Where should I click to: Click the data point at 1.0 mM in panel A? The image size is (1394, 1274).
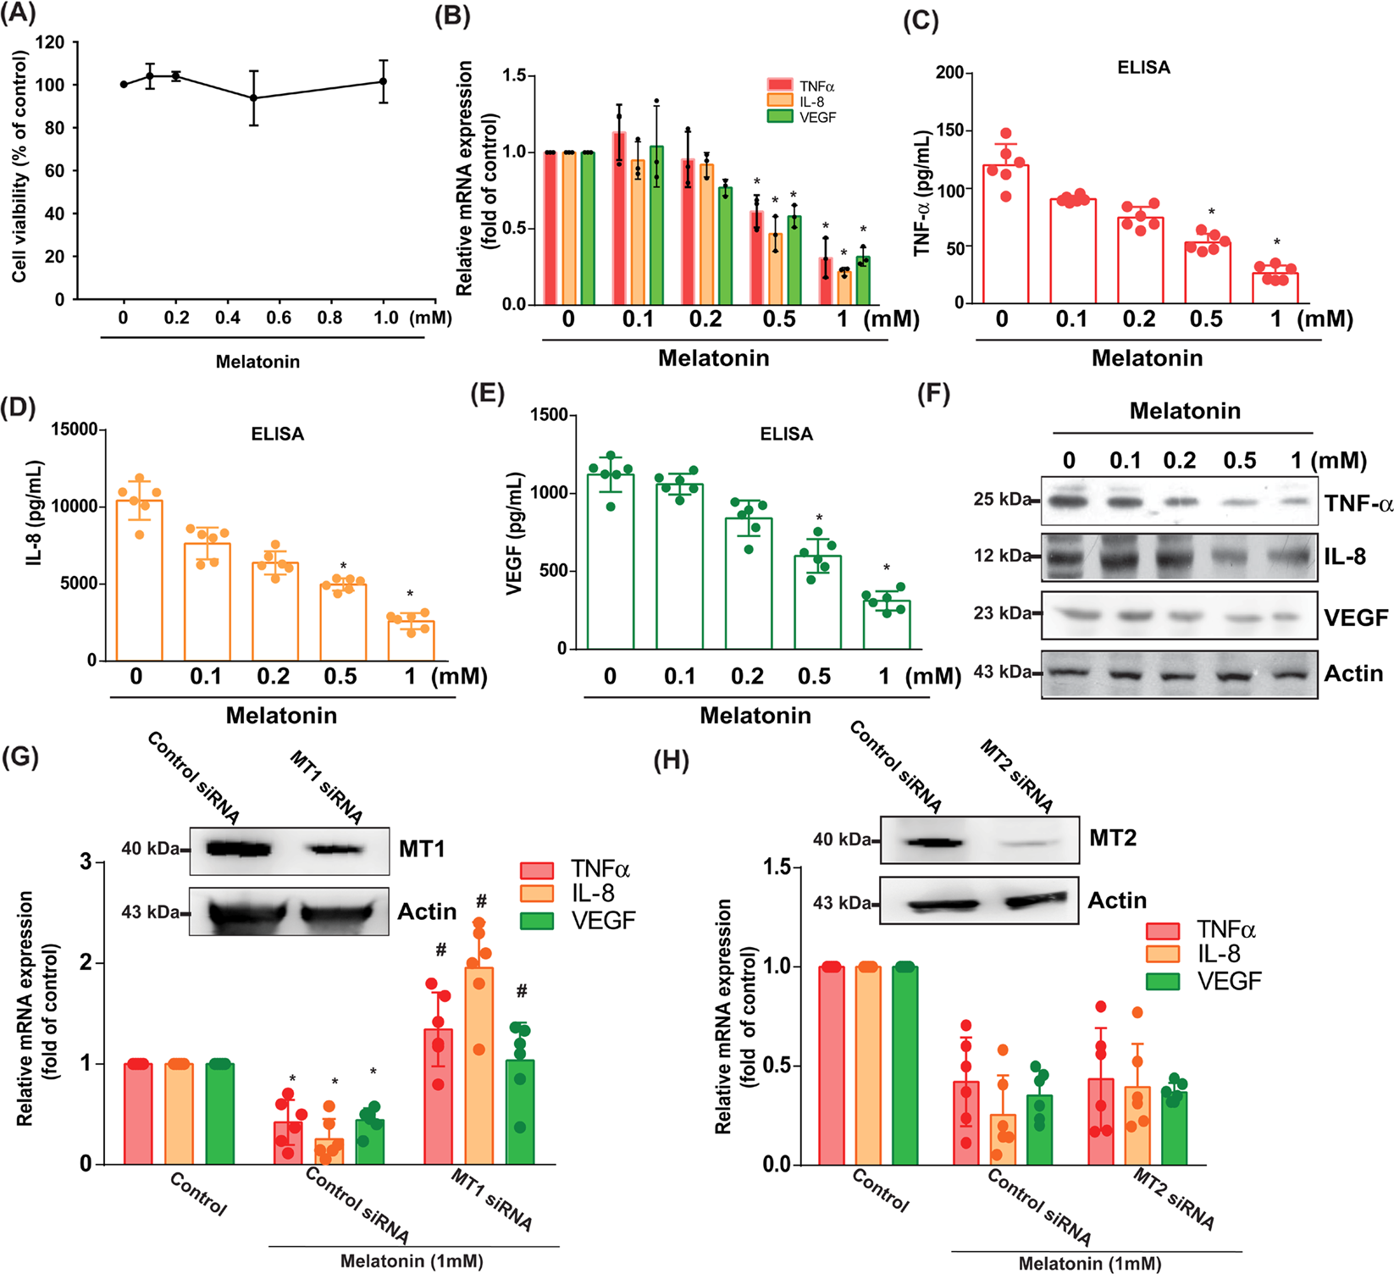click(x=383, y=82)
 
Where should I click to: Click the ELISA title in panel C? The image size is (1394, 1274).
click(x=1143, y=68)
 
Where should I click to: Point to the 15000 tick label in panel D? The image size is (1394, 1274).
click(x=74, y=429)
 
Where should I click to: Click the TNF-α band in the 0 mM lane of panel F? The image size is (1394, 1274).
click(x=1070, y=501)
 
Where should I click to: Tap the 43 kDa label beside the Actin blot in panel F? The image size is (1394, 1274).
click(x=1002, y=673)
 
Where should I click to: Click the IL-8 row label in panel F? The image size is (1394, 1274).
click(x=1344, y=557)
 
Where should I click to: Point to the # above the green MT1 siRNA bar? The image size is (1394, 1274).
click(x=522, y=991)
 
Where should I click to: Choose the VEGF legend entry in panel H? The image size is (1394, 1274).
click(x=1228, y=982)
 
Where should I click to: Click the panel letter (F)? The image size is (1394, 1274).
click(x=934, y=396)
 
